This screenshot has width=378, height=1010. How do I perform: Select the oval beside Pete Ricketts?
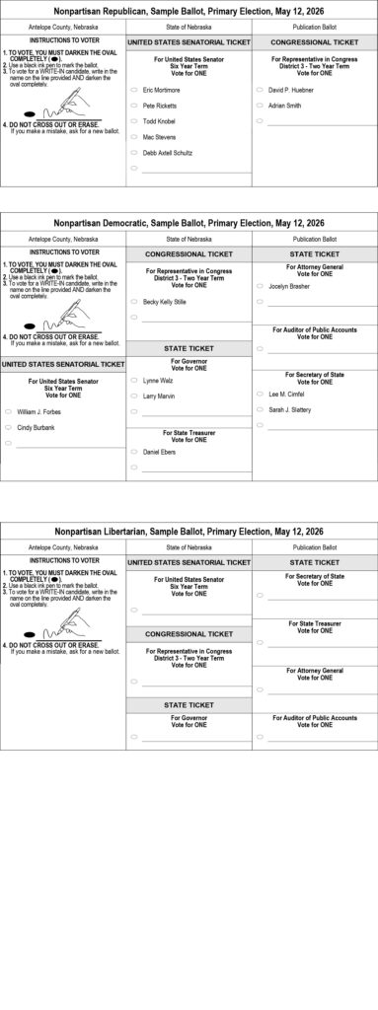click(133, 105)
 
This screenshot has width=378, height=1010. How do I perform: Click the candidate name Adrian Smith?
click(285, 105)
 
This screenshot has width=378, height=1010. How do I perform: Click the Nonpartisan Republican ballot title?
click(189, 10)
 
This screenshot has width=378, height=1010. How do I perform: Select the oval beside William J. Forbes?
click(8, 410)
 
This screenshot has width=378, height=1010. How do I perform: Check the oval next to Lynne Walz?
click(133, 380)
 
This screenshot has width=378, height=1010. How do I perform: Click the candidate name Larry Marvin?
click(159, 396)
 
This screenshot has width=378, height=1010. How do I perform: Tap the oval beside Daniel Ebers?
click(133, 451)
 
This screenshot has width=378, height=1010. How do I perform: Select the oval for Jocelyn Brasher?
click(260, 286)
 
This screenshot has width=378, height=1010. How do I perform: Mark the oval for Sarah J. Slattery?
click(260, 409)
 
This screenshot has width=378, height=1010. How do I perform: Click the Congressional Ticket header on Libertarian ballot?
click(189, 633)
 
